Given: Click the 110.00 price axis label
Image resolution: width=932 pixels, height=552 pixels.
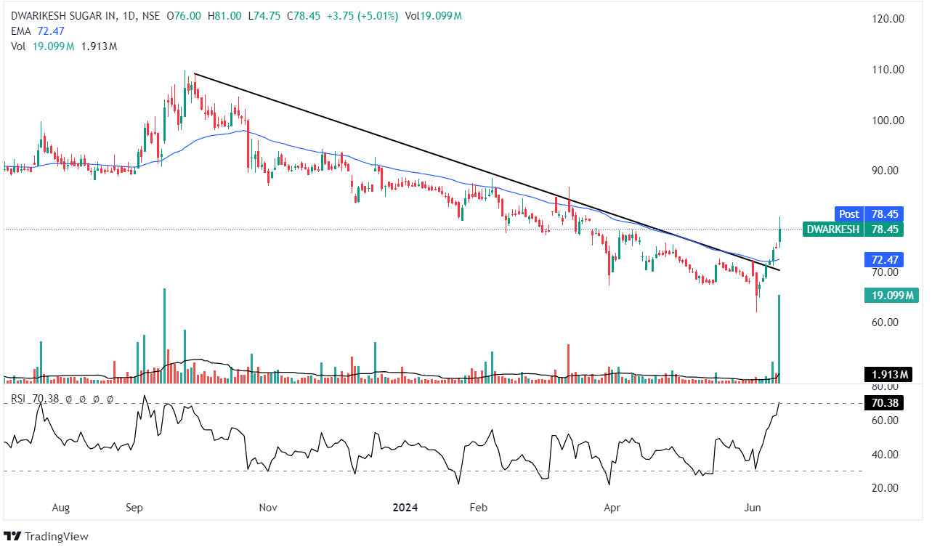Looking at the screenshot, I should pos(887,70).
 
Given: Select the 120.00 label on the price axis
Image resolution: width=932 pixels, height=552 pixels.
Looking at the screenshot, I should pos(887,19).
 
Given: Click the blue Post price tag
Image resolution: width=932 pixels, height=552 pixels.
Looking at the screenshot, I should pos(848,214).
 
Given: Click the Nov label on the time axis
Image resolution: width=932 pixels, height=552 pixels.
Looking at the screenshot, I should pos(269,508).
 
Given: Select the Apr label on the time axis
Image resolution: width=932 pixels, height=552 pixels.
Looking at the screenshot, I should pos(612,508).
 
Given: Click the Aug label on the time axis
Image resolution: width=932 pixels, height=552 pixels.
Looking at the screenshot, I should pos(61,508).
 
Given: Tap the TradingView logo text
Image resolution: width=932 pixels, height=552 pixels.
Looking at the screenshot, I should pos(56,537).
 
